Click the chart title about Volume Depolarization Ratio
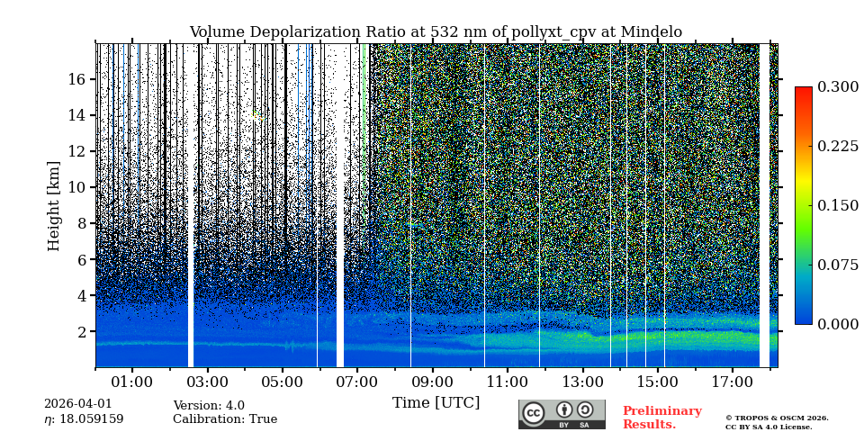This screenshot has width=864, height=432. coord(436,32)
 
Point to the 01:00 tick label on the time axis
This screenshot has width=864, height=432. coord(132,382)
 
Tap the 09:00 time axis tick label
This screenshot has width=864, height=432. coord(432,382)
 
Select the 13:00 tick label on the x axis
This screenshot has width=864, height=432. coord(582,382)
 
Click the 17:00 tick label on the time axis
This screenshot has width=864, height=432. coord(733,382)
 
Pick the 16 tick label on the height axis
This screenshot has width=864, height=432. coord(76,79)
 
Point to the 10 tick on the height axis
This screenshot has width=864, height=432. coord(76,187)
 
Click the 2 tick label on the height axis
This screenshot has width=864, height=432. coord(81,331)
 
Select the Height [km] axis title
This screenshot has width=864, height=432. coord(54,205)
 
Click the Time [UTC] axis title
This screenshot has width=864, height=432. coord(436,403)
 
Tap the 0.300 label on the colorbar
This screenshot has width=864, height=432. coord(838,86)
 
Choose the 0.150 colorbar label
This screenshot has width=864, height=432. coord(838,205)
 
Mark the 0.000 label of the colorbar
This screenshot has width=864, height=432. coord(838,324)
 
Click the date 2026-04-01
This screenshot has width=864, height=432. coord(78,404)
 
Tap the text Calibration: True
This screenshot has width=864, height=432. coord(225,419)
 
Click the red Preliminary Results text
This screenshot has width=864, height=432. coord(661,418)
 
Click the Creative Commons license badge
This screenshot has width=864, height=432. coord(562,414)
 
